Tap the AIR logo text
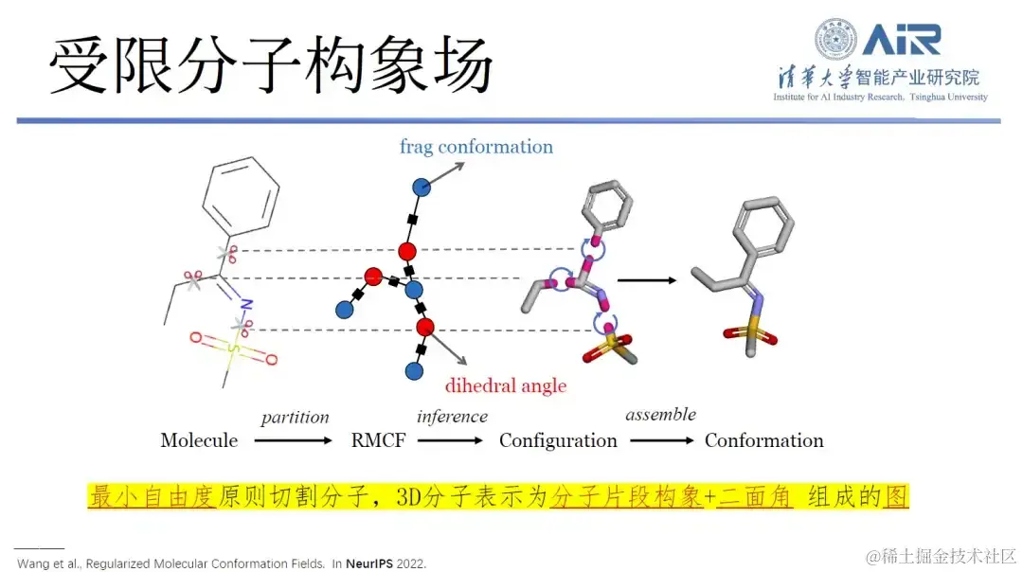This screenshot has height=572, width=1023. click(901, 39)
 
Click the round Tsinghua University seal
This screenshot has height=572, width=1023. click(835, 40)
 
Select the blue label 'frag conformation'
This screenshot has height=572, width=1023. click(476, 147)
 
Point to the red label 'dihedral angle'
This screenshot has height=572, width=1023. click(506, 385)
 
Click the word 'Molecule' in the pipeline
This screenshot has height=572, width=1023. click(199, 440)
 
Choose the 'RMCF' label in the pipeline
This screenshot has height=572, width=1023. click(378, 440)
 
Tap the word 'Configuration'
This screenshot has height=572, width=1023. click(558, 440)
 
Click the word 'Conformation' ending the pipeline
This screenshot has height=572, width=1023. click(763, 440)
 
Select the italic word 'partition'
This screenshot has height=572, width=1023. click(295, 418)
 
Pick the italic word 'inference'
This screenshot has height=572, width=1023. click(452, 417)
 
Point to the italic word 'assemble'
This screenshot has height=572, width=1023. click(660, 414)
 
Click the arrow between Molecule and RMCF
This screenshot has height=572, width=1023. click(294, 440)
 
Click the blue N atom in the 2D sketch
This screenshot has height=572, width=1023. click(246, 305)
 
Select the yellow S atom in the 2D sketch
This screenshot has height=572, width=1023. click(233, 349)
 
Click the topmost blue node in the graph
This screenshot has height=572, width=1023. click(422, 187)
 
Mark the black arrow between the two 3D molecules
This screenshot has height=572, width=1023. click(647, 280)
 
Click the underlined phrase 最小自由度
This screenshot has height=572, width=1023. click(153, 496)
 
